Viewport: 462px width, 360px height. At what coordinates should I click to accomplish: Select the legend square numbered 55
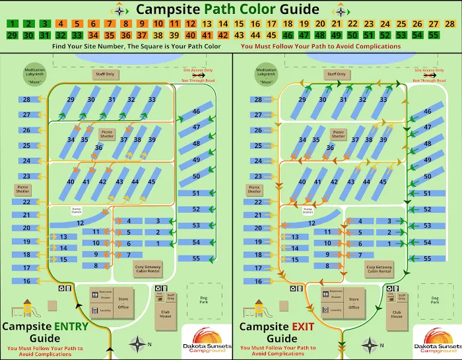(x=433, y=35)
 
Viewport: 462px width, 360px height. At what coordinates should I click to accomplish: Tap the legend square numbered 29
(x=13, y=35)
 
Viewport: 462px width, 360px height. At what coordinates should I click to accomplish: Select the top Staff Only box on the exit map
(x=337, y=74)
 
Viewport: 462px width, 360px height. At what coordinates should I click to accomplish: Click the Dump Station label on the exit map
(x=307, y=210)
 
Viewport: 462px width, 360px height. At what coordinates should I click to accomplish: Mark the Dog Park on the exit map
(x=434, y=299)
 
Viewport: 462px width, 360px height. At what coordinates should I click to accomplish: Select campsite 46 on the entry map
(x=196, y=112)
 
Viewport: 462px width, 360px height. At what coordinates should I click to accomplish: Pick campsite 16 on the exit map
(x=258, y=281)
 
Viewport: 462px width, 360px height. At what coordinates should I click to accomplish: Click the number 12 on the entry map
(x=81, y=223)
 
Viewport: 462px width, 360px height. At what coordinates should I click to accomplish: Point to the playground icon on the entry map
(x=27, y=308)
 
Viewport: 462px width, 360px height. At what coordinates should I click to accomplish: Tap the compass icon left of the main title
(x=119, y=10)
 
